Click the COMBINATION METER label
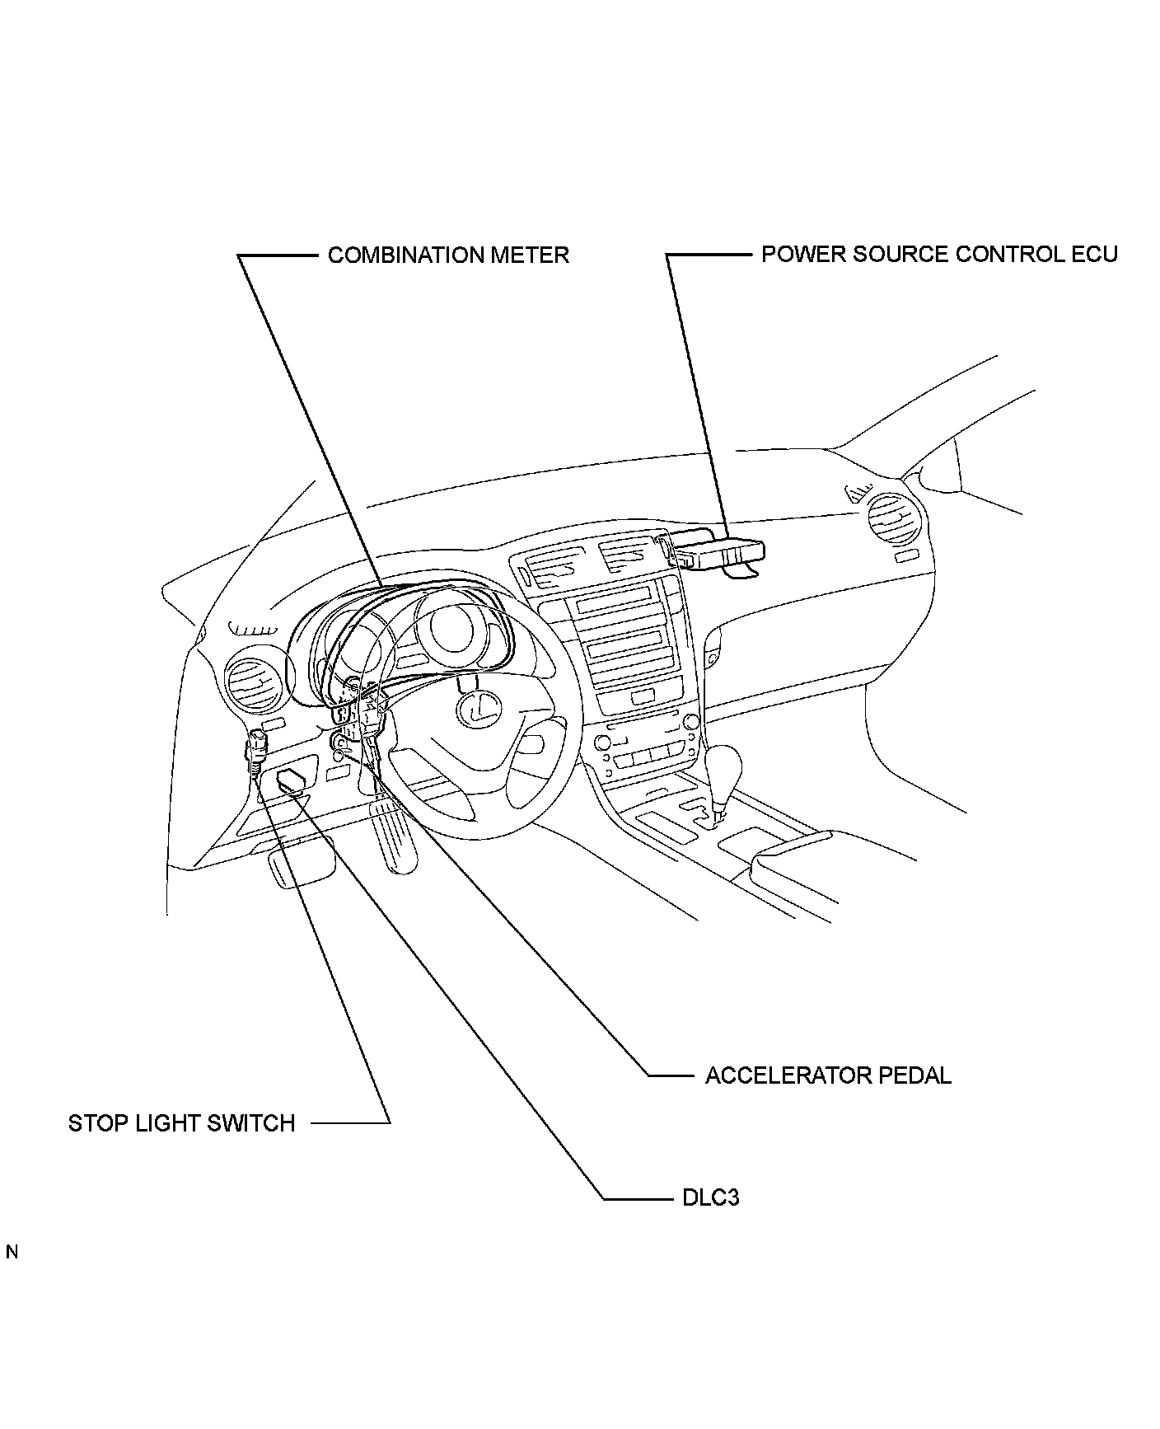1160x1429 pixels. (x=448, y=255)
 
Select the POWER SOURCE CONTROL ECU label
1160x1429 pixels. (x=938, y=254)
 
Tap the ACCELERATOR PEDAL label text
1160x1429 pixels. (x=828, y=1075)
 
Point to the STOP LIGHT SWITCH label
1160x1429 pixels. (x=181, y=1123)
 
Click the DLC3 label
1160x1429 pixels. (x=710, y=1197)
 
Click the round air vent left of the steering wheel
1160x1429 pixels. (x=255, y=682)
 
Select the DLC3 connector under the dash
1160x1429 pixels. (x=295, y=779)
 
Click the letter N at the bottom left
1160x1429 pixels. (x=12, y=1253)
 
